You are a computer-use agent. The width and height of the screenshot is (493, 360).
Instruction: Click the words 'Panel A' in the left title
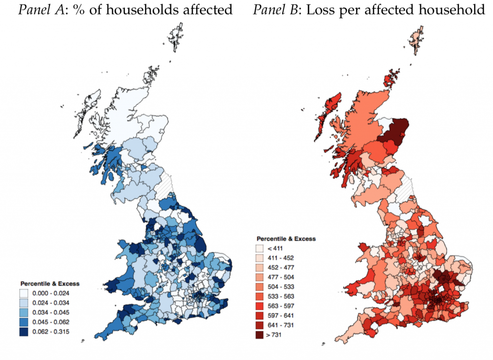coord(41,9)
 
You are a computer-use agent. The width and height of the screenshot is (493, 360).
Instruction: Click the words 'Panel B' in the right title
coord(275,9)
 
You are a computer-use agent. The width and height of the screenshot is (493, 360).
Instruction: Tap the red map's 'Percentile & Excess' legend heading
coord(286,239)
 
